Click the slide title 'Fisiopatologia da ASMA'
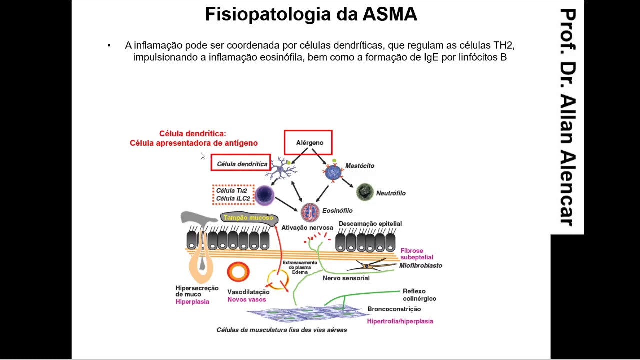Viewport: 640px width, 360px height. click(x=311, y=14)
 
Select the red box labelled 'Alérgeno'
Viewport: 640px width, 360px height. click(x=308, y=143)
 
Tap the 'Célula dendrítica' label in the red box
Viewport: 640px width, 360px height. click(x=241, y=163)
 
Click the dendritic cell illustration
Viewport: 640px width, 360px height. click(x=283, y=169)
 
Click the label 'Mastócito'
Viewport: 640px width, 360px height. click(x=360, y=166)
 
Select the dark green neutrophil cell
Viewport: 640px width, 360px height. click(x=365, y=192)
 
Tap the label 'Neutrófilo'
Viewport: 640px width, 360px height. click(x=391, y=193)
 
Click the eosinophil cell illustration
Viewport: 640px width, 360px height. click(x=310, y=212)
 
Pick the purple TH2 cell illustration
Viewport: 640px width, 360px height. click(x=264, y=195)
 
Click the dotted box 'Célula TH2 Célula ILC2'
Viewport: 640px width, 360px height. click(x=233, y=195)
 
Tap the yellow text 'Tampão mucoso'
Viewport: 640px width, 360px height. click(x=248, y=218)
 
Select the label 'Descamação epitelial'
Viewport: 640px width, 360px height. click(x=370, y=224)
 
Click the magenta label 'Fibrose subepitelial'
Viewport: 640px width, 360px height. click(x=416, y=254)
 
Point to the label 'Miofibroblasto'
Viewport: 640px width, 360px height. click(x=420, y=266)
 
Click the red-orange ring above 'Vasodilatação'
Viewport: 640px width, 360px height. click(x=238, y=272)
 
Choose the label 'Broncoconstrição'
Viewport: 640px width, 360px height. click(x=394, y=309)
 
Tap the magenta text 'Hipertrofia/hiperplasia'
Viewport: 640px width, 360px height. click(x=400, y=321)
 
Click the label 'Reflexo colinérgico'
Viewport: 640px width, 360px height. click(x=419, y=295)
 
